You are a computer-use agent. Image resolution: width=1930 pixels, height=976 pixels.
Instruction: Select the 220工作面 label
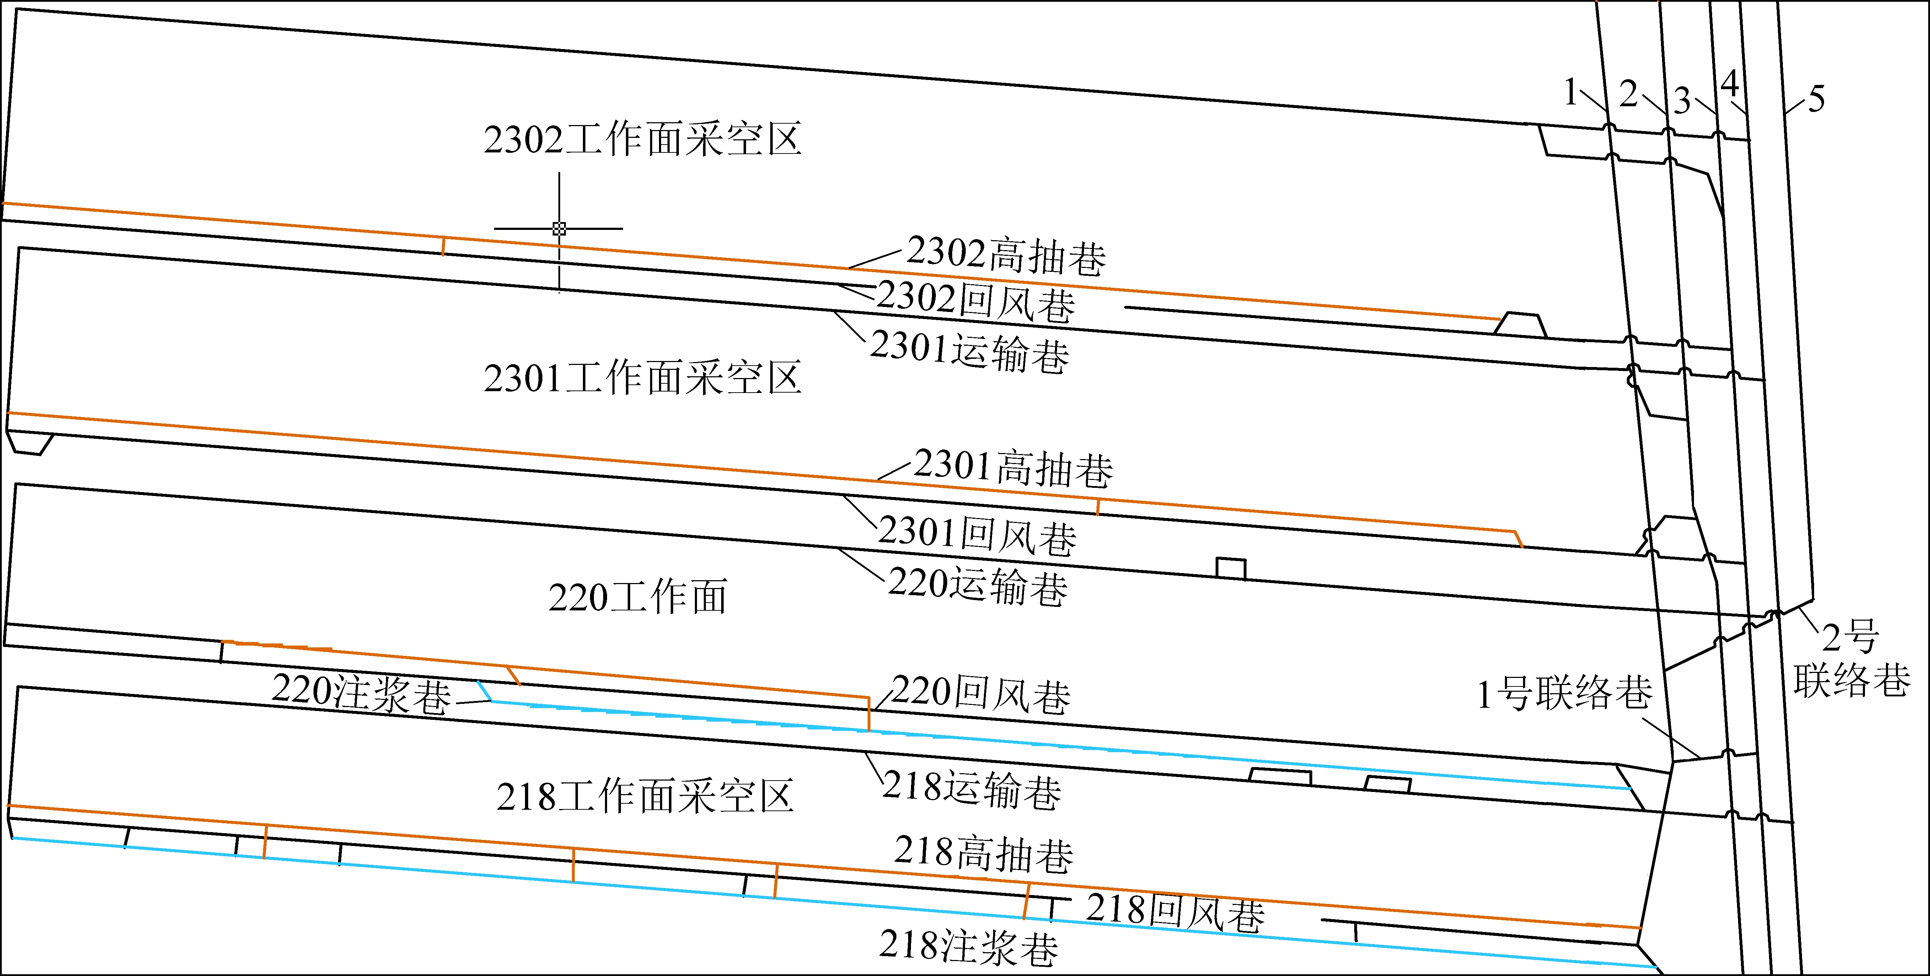coord(638,597)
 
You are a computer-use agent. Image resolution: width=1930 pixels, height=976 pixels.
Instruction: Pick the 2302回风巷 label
coord(976,302)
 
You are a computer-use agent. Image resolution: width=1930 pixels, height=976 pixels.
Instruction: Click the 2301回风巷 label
coord(977,535)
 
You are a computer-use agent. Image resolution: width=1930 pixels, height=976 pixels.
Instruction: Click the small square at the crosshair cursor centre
coord(559,228)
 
